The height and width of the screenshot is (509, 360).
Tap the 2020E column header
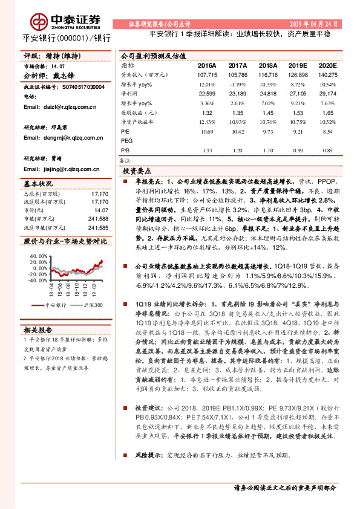pos(327,65)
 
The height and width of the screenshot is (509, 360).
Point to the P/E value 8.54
pos(327,131)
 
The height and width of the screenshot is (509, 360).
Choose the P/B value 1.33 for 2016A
pos(207,151)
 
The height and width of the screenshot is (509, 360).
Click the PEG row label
pos(126,141)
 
